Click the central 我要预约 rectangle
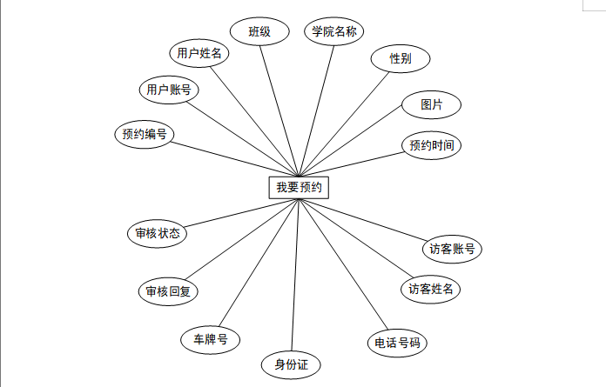299,187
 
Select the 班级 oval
259,32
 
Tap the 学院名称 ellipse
335,32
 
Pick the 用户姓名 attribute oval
199,54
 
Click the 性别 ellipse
401,59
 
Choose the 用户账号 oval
169,90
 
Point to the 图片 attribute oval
431,104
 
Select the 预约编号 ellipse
145,134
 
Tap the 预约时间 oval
431,145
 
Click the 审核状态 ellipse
158,234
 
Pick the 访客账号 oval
451,249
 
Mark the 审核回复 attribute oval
168,291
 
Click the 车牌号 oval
211,339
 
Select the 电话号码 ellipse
397,343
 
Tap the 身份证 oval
292,364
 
